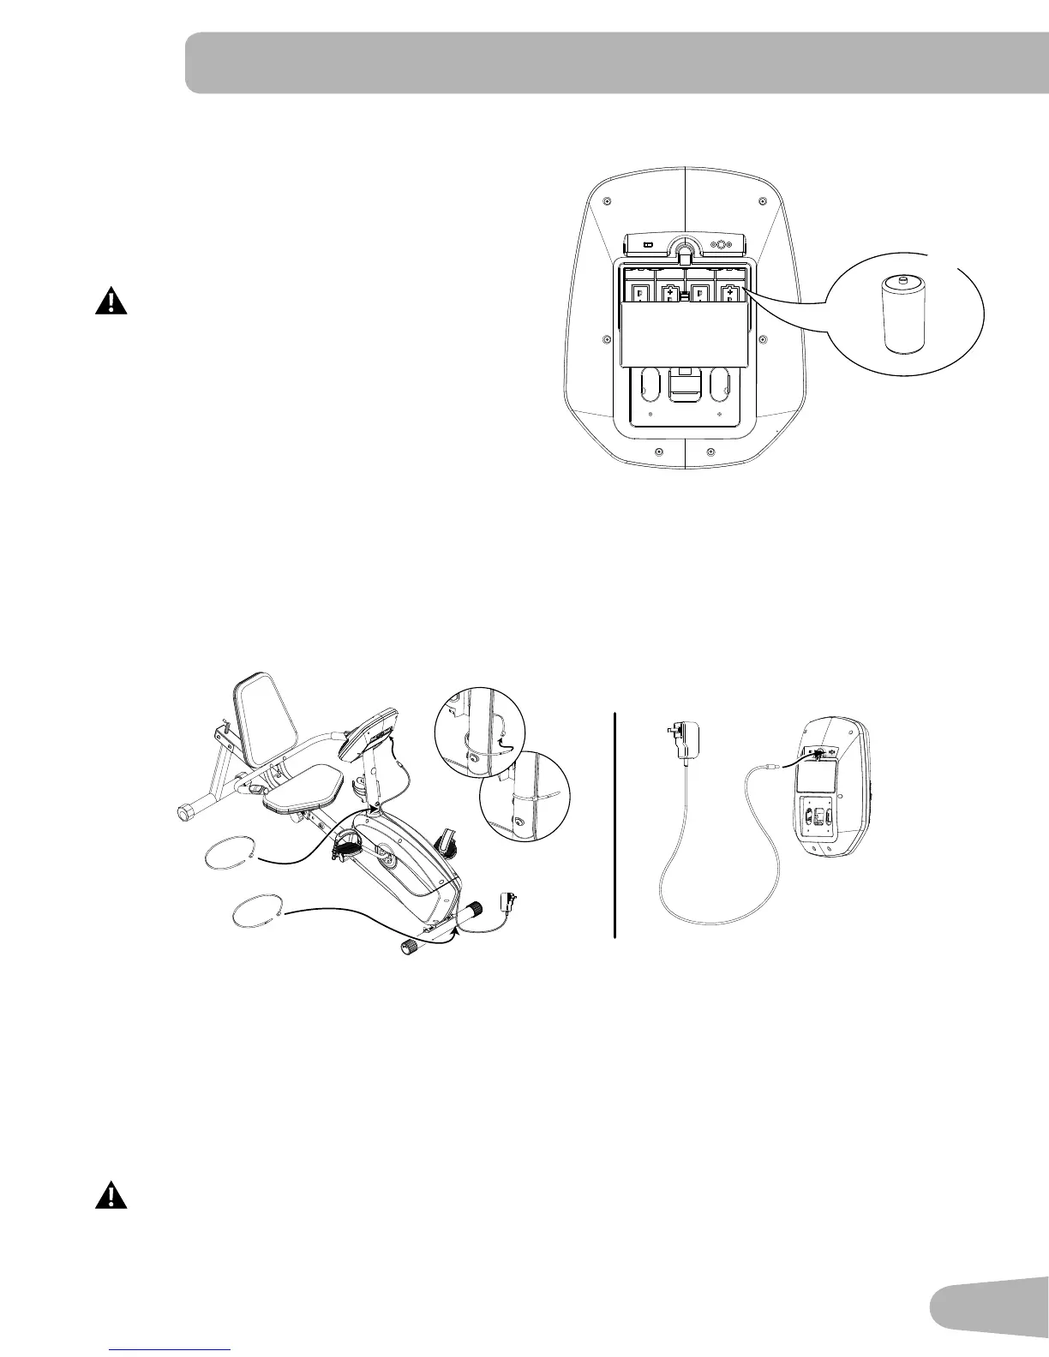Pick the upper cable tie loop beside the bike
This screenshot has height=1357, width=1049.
(x=230, y=853)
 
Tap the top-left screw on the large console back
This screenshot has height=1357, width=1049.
(x=607, y=202)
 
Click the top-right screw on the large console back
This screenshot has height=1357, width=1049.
(x=763, y=202)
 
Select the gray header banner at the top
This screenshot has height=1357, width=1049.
(x=617, y=63)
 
